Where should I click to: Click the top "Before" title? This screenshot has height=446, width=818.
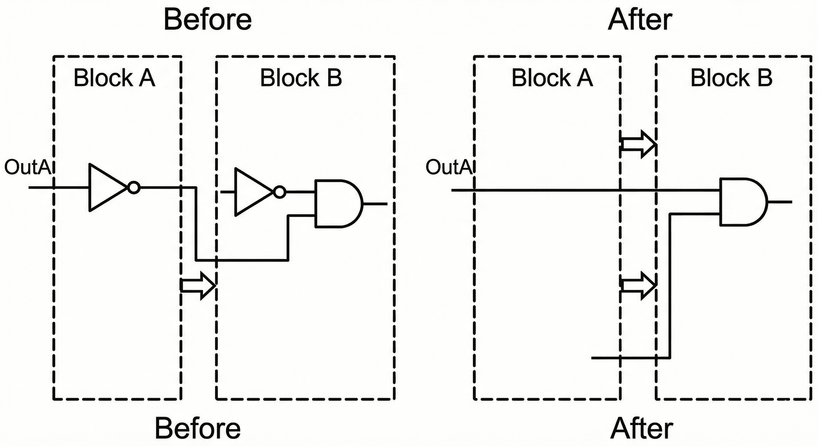tap(207, 20)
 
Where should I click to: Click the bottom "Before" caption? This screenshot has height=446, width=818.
tap(198, 428)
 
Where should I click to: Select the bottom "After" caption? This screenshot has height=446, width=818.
tap(641, 428)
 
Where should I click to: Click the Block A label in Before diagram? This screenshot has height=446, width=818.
tap(114, 78)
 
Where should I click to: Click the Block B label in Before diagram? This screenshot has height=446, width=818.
tap(301, 78)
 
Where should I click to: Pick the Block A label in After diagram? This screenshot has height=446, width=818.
tap(552, 78)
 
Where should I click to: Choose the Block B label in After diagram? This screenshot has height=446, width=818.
tap(731, 78)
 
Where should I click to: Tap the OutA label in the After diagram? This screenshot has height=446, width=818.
tap(449, 167)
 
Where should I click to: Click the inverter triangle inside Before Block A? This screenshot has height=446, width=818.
tap(105, 188)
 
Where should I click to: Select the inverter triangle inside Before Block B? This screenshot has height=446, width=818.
tap(251, 192)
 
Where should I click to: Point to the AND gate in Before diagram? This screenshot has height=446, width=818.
tap(337, 204)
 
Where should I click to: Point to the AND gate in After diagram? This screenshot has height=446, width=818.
tap(742, 202)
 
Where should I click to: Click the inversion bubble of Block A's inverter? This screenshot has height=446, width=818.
tap(134, 188)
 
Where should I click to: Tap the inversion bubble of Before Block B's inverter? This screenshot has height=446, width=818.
tap(280, 192)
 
